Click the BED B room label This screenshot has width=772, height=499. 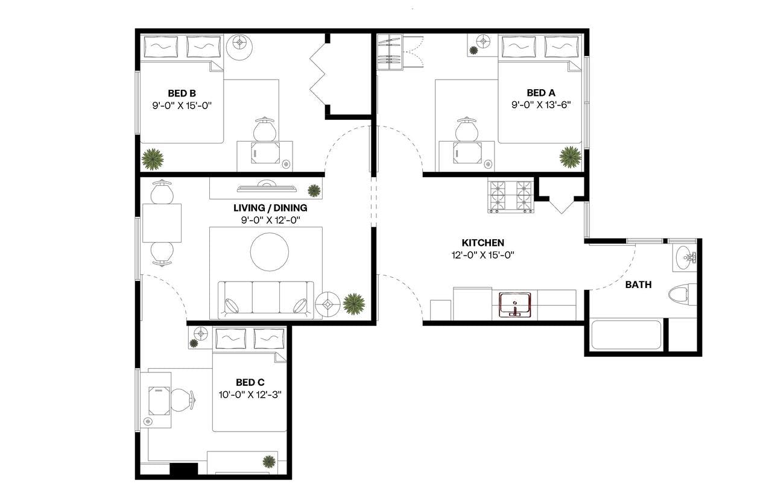[182, 93]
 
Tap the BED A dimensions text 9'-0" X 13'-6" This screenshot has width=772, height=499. [540, 104]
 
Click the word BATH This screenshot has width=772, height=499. [638, 284]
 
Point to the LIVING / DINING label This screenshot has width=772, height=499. [270, 208]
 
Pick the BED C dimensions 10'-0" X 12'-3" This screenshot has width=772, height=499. [250, 394]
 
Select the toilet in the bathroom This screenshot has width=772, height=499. [681, 294]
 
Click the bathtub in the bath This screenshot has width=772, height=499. [626, 334]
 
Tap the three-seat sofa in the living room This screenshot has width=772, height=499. [266, 299]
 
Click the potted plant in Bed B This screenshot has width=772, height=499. [153, 159]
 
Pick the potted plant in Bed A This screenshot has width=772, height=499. [570, 157]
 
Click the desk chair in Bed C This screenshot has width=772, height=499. [182, 398]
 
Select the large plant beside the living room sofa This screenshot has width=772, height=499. [353, 303]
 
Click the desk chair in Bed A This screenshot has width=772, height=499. [466, 129]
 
